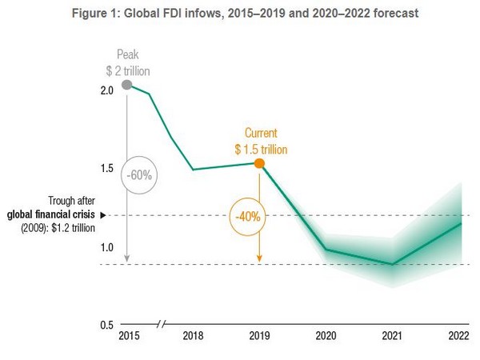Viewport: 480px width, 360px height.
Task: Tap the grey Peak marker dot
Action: (x=126, y=84)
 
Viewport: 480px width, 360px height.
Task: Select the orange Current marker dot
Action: (x=259, y=163)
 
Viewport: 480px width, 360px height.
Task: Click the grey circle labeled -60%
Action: (x=138, y=174)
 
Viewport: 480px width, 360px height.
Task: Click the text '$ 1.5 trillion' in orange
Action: (x=261, y=149)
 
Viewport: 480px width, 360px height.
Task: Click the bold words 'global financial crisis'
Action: (x=51, y=215)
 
